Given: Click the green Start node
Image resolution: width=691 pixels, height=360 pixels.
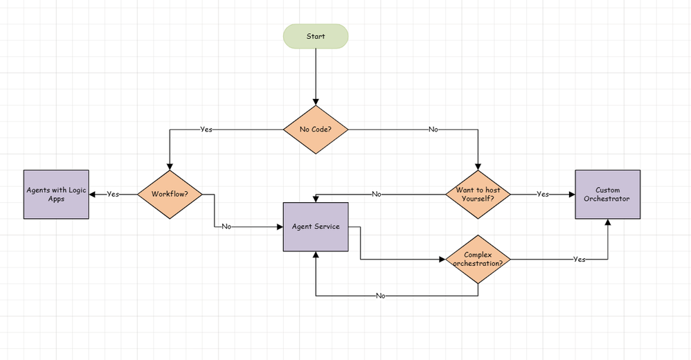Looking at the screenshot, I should pos(316,36).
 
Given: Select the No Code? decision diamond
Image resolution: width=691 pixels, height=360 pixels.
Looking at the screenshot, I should pos(316,129).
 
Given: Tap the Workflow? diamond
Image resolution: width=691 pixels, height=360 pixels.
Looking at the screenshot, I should pos(170,195).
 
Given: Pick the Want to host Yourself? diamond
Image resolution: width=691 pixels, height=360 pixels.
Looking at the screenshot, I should pos(478,195).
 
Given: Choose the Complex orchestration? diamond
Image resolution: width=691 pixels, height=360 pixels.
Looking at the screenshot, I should pos(478,260).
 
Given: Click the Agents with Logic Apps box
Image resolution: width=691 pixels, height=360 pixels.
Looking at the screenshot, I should pos(56,195).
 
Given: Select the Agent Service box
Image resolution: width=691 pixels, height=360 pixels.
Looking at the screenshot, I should pos(316,226).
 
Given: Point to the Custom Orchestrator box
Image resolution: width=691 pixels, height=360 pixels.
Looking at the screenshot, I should pos(607,195).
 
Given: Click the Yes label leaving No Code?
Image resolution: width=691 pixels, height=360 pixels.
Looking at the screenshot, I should pos(206,129).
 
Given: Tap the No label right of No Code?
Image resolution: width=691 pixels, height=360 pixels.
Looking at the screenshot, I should pos(433,129).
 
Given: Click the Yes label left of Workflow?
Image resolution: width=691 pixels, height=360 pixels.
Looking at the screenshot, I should pos(113,195).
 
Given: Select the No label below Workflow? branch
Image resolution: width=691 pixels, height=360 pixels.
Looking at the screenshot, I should pos(226,226).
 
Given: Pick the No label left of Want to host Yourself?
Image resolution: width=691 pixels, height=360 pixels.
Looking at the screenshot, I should pos(376,195).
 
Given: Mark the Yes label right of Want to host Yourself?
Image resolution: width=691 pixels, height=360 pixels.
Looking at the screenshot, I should pos(543,195).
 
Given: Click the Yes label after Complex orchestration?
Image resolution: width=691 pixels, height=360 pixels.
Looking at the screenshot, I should pos(579,260).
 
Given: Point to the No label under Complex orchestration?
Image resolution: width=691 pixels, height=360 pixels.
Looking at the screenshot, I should pos(380,296).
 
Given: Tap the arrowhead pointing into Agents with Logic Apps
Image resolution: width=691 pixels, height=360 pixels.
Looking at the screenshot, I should pos(93,195).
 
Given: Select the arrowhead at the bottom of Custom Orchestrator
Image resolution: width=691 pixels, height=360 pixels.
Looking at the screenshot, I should pos(607,223).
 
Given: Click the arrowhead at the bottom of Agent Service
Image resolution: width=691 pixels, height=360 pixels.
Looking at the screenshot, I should pos(316,255).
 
